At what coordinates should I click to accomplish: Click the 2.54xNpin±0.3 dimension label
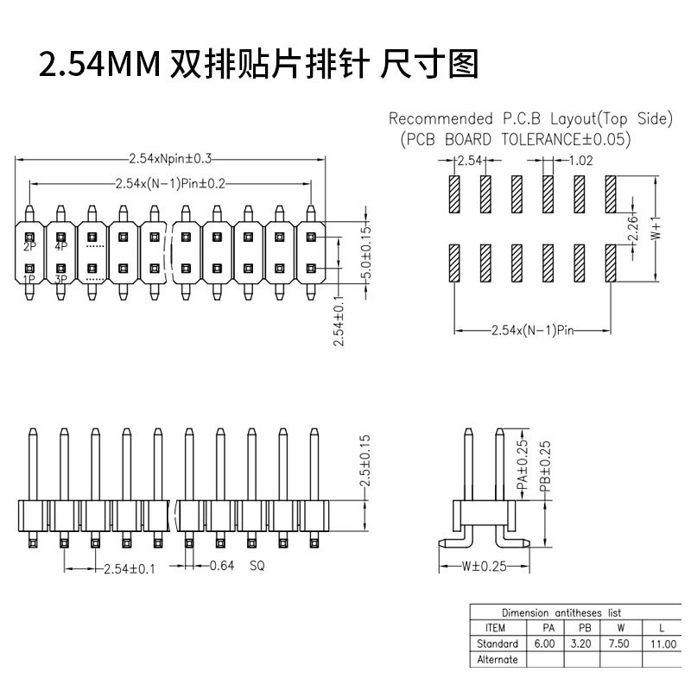coord(170,159)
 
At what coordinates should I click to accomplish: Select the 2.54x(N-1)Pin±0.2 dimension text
coord(170,183)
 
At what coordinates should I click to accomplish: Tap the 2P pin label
coord(29,247)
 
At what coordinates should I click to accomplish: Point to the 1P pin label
coord(29,279)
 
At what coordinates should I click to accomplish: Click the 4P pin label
coord(60,247)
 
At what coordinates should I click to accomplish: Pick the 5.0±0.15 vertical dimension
coord(366,252)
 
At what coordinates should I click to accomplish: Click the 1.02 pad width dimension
coord(580,161)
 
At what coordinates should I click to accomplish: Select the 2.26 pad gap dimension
coord(633,228)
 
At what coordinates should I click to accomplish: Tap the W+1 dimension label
coord(656,228)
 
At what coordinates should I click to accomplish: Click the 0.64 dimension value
coord(222,566)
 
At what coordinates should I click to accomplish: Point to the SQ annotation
coord(257,566)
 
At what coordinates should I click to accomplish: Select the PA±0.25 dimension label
coord(522,466)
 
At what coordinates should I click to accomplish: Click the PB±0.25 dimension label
coord(545,466)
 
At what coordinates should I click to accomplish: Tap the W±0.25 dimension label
coord(485,567)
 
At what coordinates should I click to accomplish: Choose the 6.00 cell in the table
coord(545,643)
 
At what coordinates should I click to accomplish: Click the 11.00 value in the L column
coord(663,644)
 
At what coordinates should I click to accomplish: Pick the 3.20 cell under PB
coord(580,643)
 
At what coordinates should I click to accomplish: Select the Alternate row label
coord(498,660)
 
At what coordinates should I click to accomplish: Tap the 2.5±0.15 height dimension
coord(365,461)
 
